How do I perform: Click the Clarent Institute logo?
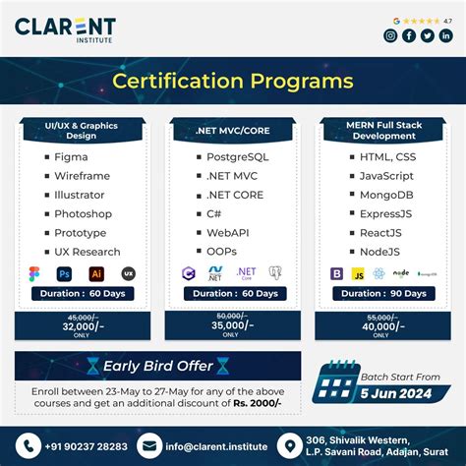click(64, 29)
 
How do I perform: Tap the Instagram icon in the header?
click(390, 36)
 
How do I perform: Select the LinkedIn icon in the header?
click(445, 36)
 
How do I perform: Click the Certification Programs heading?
click(233, 80)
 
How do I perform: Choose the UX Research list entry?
click(87, 252)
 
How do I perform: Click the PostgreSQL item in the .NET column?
click(237, 157)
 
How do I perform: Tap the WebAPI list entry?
click(227, 232)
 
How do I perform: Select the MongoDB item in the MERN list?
click(384, 195)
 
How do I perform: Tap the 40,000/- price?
click(383, 325)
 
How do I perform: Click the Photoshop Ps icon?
click(65, 274)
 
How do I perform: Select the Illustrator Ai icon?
click(96, 274)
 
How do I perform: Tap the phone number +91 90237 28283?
click(84, 445)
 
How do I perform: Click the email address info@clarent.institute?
click(215, 445)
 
